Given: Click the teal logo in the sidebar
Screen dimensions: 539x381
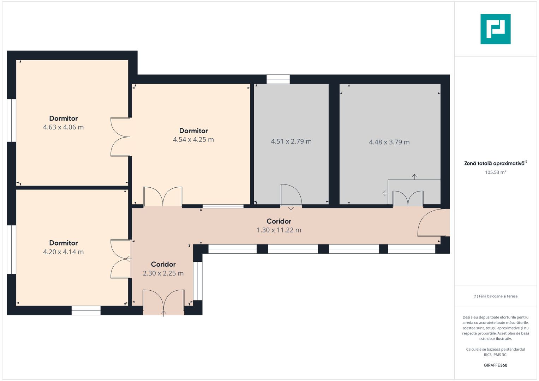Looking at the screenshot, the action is tap(496, 29).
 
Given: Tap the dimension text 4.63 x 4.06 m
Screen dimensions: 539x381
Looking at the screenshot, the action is tap(63, 127).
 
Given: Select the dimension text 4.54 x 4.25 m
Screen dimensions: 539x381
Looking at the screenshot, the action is tap(193, 139).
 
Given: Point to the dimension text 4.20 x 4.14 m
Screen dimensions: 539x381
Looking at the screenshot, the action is tap(63, 252).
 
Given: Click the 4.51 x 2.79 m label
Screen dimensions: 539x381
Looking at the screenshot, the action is tap(291, 141).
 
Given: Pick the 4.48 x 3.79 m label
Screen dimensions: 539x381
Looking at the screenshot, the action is tap(389, 142).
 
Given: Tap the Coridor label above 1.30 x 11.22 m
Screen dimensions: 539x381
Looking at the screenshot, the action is tap(279, 221).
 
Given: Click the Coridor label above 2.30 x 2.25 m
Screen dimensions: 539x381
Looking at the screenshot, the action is tap(163, 264).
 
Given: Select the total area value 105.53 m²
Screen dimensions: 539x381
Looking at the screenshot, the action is tap(496, 172).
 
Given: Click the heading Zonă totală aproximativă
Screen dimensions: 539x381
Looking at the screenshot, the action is tap(496, 163).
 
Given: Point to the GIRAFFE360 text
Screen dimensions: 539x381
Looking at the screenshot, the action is tap(496, 365).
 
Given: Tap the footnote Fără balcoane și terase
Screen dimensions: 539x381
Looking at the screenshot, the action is tap(496, 296).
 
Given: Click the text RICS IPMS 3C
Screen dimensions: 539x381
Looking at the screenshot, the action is tap(496, 355).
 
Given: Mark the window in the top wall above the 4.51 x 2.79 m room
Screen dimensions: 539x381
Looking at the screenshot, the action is tap(278, 79).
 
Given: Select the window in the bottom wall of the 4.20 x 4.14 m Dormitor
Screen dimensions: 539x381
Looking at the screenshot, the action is tap(86, 310).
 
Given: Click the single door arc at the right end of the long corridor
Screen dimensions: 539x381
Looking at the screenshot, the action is tap(424, 217).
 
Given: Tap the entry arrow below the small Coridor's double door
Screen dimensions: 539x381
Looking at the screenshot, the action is tap(164, 313).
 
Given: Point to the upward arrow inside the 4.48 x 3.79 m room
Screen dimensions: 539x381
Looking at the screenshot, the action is tap(414, 177).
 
